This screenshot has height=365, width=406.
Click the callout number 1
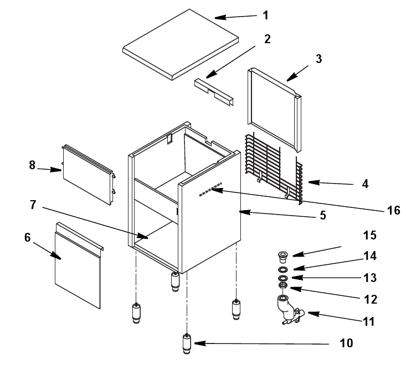(x=265, y=15)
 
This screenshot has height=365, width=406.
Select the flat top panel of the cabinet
(x=181, y=45)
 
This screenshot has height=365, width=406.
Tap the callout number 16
(x=394, y=210)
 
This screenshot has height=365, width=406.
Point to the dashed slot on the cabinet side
(x=210, y=190)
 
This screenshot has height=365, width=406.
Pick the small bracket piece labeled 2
(x=214, y=92)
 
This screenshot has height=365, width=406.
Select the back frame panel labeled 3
(x=275, y=110)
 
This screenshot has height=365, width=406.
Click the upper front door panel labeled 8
(x=89, y=175)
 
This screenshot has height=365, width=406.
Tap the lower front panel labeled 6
(x=79, y=265)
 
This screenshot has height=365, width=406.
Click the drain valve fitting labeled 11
(x=287, y=309)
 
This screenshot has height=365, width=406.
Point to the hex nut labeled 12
(x=282, y=285)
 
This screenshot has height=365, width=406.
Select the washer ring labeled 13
(x=282, y=278)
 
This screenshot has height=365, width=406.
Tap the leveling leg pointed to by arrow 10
(x=187, y=344)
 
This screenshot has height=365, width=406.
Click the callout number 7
(x=33, y=205)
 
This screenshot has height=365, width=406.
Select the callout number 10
(x=346, y=343)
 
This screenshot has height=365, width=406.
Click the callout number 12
(x=371, y=300)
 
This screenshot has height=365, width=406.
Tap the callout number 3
(x=318, y=59)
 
